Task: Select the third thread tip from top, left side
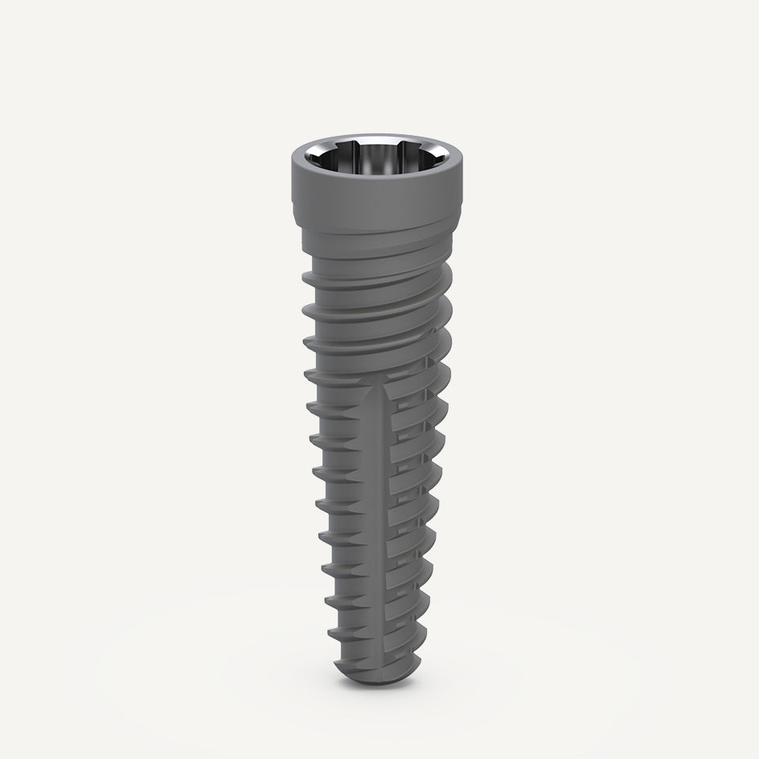306,341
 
